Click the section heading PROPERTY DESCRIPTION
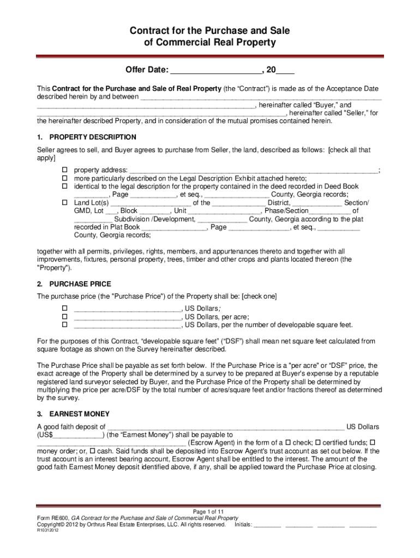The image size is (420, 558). coord(93,137)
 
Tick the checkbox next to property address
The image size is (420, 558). coord(63,169)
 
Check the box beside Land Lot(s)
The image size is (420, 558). coord(63,203)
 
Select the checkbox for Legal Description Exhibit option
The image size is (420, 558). coord(63,178)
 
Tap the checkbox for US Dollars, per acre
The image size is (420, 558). coord(63,317)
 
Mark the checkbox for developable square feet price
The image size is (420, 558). coord(63,325)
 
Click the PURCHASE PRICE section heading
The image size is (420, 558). coord(80,284)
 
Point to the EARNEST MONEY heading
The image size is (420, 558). coord(79,414)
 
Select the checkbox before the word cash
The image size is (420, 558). coord(92,451)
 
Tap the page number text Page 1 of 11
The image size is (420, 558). coord(209,512)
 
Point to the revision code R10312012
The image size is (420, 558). coord(48,531)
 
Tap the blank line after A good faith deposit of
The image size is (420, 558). coord(226,427)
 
